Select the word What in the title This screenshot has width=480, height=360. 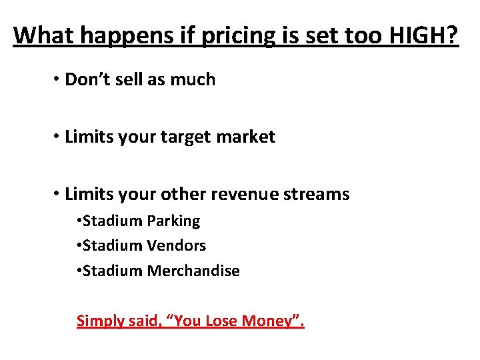(x=43, y=35)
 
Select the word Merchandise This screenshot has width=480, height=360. (x=193, y=271)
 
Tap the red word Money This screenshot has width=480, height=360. (x=269, y=321)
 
